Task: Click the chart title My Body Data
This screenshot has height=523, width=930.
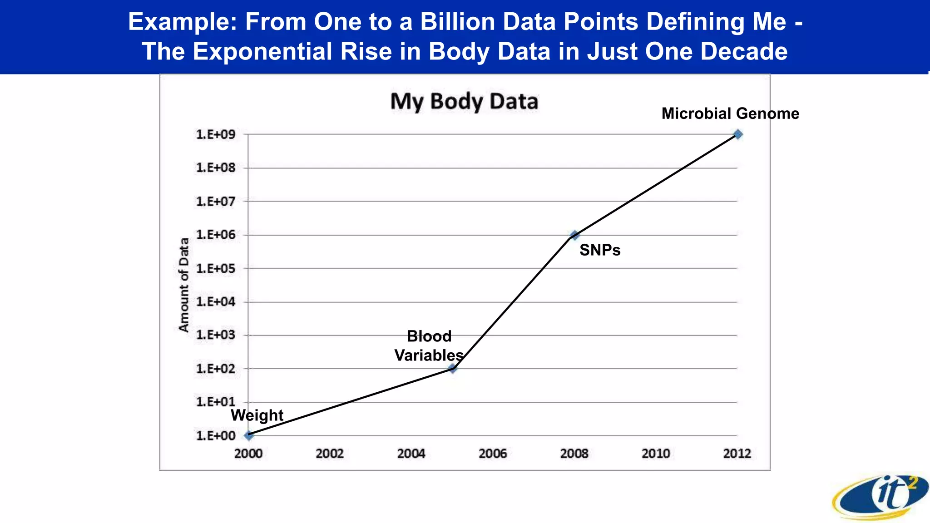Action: [464, 101]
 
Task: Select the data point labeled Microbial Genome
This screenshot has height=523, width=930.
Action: [738, 134]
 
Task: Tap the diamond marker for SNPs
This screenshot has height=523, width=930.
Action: [574, 235]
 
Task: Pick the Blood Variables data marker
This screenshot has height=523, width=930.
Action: [452, 369]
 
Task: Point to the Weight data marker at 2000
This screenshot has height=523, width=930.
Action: [248, 435]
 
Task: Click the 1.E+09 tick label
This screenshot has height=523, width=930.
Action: [216, 134]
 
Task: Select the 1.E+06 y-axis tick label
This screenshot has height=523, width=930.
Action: [216, 235]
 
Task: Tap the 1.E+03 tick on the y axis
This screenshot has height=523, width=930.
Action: [216, 335]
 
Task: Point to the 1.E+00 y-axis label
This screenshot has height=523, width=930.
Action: [216, 436]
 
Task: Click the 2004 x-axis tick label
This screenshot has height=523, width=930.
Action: [411, 454]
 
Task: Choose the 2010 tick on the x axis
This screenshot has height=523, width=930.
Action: [656, 454]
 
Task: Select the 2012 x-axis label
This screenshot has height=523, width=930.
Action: [737, 454]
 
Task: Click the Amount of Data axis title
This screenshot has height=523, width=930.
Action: [184, 285]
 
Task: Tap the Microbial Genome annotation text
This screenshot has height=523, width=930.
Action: [730, 113]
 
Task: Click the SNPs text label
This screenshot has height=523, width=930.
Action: [600, 250]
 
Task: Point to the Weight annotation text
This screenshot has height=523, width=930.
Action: [257, 415]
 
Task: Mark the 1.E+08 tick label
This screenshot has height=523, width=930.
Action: [216, 168]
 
